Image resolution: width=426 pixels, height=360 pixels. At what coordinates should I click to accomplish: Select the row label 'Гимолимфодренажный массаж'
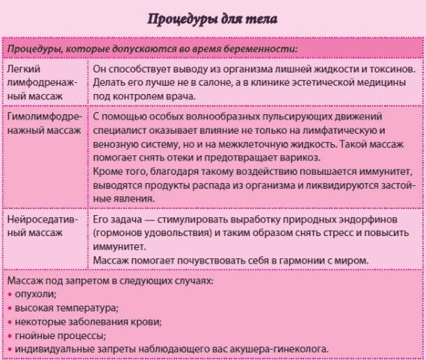point(43,124)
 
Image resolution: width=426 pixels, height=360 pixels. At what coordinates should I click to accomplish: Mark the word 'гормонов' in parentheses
point(116,235)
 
